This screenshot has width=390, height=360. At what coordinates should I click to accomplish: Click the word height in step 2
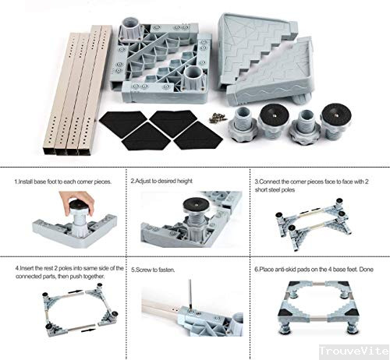pos(181,181)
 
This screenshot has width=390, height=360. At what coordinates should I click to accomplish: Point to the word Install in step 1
pos(29,181)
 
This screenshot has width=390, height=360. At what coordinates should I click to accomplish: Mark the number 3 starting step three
pos(257,181)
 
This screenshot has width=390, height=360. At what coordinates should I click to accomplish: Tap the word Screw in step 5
pos(145,270)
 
